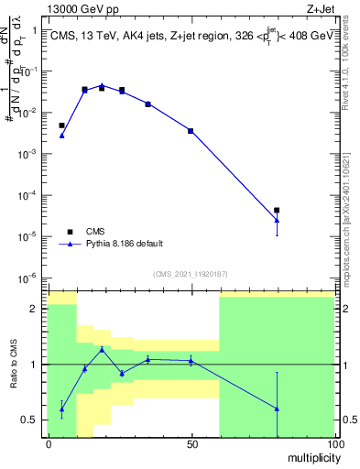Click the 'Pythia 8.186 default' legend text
[125, 244]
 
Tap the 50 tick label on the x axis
[191, 444]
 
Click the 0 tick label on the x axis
[48, 444]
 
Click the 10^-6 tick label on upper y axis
[27, 278]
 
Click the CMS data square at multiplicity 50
[191, 131]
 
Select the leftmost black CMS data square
[61, 125]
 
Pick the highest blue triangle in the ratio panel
[102, 349]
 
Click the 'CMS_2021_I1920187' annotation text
[190, 273]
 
